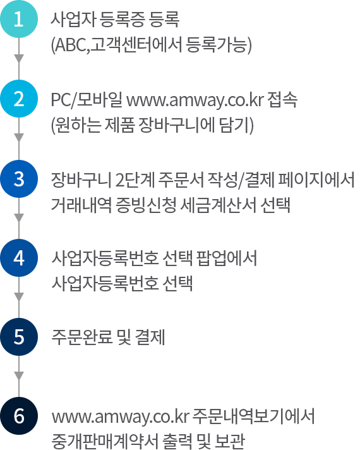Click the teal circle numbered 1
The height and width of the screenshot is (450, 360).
(19, 19)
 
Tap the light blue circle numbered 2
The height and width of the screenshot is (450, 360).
(19, 99)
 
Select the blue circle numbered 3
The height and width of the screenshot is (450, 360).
(19, 179)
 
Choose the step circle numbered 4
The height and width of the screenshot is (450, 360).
(19, 258)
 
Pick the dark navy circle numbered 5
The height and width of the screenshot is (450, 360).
(19, 337)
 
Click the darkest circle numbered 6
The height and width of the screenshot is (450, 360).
(19, 416)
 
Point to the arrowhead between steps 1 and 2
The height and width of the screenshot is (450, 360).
(19, 58)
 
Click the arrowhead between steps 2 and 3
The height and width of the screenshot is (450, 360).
(19, 138)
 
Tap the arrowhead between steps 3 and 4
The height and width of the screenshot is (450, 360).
(19, 218)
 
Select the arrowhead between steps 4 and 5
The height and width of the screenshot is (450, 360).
(19, 297)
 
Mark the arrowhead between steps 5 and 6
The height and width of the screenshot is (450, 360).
(19, 376)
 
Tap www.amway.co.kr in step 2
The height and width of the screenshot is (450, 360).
(195, 100)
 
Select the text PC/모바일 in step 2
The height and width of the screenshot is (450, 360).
(87, 100)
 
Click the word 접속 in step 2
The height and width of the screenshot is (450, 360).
(282, 100)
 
